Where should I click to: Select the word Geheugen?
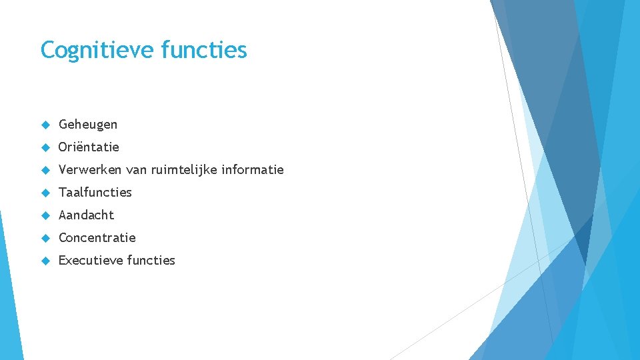click(88, 125)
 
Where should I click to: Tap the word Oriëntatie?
click(89, 147)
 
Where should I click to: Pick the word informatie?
click(253, 169)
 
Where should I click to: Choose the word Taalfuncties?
click(95, 192)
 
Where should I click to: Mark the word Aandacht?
click(87, 215)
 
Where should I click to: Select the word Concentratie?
click(97, 237)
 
